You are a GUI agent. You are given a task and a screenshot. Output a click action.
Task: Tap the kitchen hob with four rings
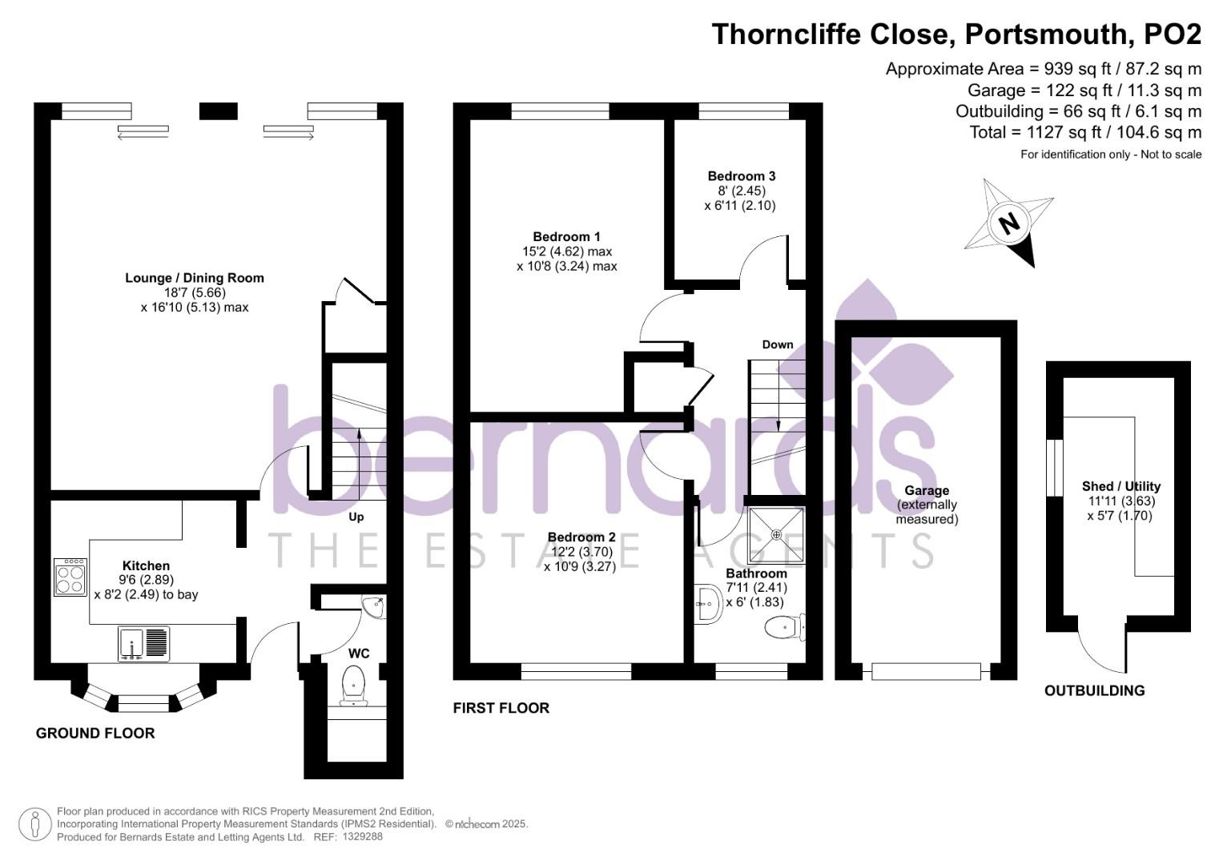(70, 577)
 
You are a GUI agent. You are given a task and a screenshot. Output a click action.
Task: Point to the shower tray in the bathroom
(774, 534)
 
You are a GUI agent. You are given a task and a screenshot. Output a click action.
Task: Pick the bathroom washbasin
(707, 605)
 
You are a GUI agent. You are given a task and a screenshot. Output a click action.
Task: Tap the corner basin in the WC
(374, 606)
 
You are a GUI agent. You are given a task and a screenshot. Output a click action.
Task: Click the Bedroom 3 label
(741, 176)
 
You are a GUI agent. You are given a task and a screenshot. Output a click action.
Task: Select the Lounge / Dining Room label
(195, 278)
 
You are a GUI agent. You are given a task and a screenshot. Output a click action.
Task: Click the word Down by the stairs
(777, 344)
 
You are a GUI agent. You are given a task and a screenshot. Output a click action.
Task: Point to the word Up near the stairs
(356, 517)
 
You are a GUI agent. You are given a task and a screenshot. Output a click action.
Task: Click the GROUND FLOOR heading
(95, 733)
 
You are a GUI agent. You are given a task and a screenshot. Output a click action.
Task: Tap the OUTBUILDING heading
(1094, 690)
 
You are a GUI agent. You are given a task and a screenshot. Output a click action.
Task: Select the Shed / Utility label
(1120, 486)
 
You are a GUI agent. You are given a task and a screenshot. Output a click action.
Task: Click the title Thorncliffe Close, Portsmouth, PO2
(956, 34)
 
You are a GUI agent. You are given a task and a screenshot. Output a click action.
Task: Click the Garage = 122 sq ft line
(1084, 91)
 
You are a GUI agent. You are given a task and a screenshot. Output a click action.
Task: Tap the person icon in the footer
(34, 824)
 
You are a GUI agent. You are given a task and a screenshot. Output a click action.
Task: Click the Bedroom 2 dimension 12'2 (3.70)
(581, 552)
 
